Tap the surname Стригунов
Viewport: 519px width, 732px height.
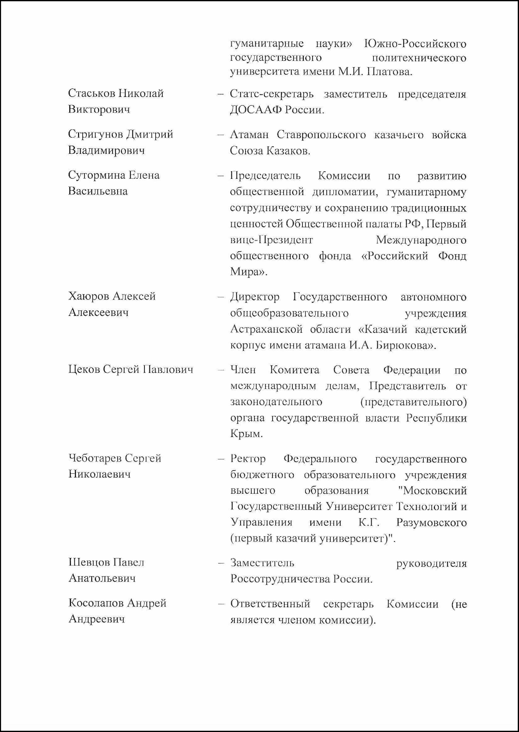coord(95,134)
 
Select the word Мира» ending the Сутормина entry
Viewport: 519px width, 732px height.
coord(248,272)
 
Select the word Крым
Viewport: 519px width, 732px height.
coord(246,434)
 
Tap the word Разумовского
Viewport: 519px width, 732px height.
coord(431,523)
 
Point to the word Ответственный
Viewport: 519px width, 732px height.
coord(270,604)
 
